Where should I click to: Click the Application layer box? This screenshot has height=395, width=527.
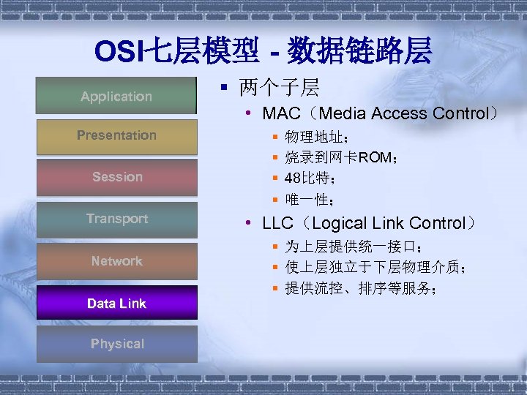(116, 96)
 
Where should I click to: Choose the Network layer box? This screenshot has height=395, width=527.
(116, 261)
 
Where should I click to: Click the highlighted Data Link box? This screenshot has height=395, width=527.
(116, 303)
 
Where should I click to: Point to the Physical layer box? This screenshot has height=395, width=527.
(116, 344)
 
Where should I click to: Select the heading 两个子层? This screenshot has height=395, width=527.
(279, 89)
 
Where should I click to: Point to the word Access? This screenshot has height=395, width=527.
(399, 113)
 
